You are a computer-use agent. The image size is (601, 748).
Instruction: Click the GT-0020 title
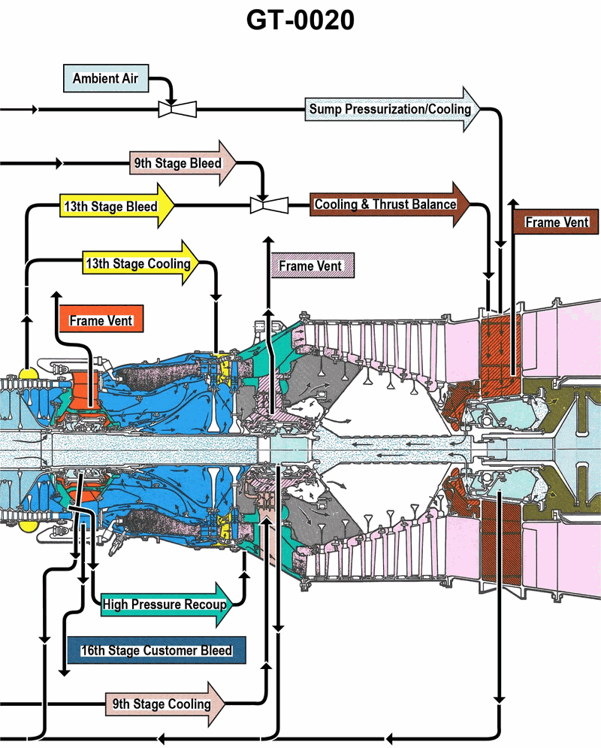(x=300, y=21)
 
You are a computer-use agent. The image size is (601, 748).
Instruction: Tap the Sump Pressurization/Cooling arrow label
(x=391, y=109)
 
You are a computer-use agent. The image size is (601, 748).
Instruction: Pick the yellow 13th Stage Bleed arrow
(x=113, y=206)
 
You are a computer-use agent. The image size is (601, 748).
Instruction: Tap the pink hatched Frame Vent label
(x=310, y=265)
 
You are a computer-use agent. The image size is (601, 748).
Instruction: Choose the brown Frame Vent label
(x=555, y=223)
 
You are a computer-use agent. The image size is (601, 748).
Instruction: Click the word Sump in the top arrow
(x=325, y=109)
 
